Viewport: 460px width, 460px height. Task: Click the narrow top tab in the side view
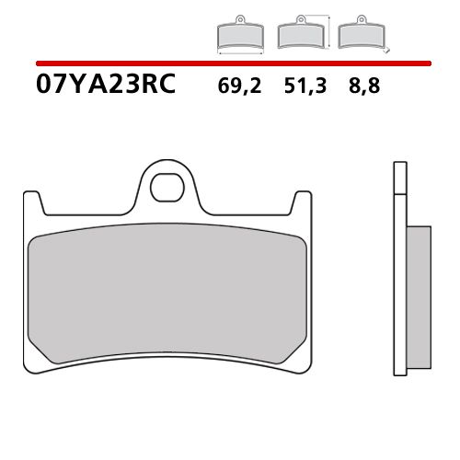tap(399, 179)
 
